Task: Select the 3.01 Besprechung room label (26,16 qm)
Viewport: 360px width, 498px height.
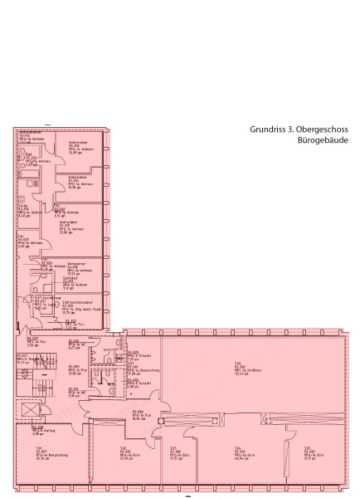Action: tap(39, 452)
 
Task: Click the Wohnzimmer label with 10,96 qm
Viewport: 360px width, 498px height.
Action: tap(79, 183)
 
